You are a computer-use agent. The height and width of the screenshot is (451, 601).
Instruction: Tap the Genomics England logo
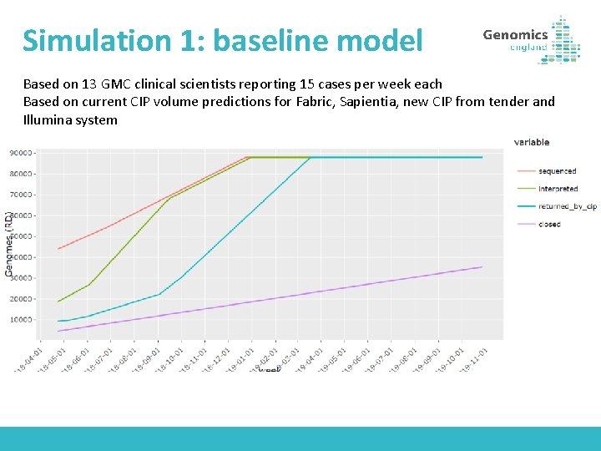pos(531,39)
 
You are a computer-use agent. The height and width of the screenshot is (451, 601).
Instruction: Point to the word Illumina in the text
pos(49,120)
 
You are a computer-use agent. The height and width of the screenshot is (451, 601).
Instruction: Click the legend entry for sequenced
pos(557,171)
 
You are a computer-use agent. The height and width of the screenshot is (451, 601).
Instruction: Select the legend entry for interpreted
pos(558,189)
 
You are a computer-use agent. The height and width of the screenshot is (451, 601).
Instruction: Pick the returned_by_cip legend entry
pos(567,206)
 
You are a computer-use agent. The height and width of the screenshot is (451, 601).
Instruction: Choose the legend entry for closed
pos(549,224)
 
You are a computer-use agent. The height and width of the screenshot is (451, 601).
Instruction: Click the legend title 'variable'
pos(532,142)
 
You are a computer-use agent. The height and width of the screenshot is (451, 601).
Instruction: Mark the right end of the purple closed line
pos(482,267)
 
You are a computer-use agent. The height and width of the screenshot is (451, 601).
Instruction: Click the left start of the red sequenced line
pos(58,249)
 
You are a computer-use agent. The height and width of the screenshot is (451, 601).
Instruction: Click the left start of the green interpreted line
pos(58,302)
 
